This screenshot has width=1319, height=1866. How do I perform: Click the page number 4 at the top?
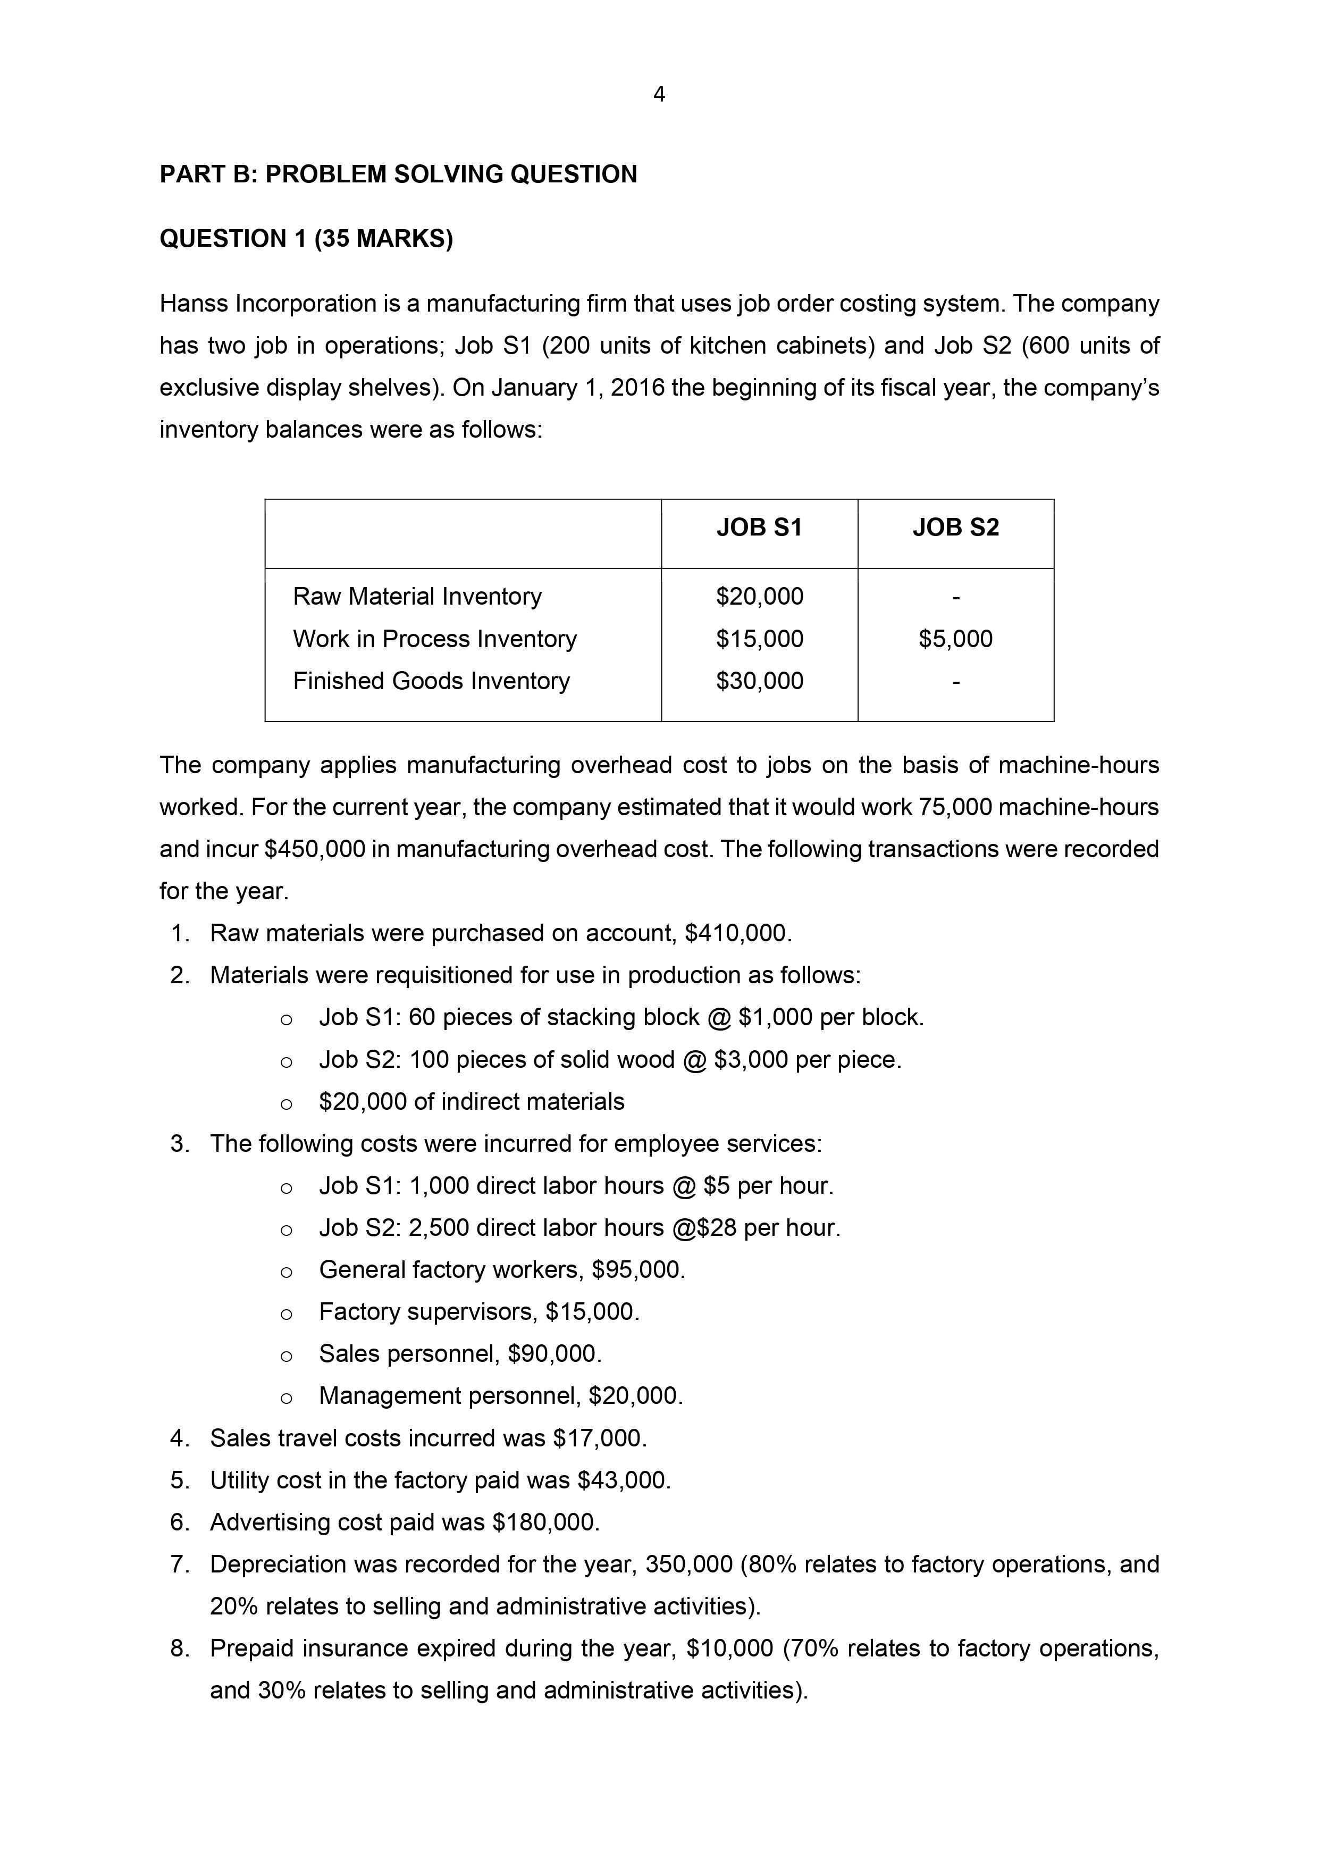point(659,96)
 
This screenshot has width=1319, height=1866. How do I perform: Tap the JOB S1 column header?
point(759,528)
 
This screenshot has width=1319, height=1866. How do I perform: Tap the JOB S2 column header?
point(956,528)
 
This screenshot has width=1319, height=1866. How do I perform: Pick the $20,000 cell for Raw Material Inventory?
point(759,597)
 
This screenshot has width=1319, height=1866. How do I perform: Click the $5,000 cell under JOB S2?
point(956,639)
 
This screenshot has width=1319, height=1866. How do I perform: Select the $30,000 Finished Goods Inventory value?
point(759,681)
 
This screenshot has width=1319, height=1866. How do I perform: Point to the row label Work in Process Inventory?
point(435,639)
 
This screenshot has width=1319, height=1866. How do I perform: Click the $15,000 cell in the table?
point(759,639)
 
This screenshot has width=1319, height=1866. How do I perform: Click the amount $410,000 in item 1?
point(737,933)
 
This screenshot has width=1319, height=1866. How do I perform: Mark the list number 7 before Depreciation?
point(179,1564)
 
